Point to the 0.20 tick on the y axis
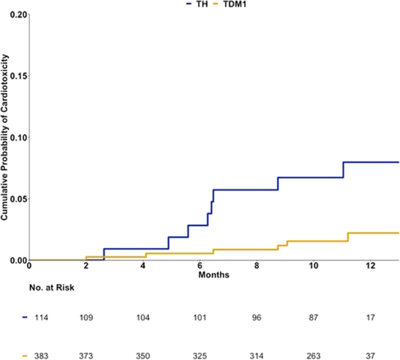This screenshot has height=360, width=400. pos(16,15)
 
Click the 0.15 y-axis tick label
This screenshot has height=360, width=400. pos(16,76)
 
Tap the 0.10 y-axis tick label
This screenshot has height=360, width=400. pos(16,137)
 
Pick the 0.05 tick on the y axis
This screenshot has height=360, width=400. pos(16,198)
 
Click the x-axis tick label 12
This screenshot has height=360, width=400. pos(370,266)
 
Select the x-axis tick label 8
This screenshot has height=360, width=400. pos(256,266)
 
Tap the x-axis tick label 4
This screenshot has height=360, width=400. pos(143,266)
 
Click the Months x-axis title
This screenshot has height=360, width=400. pos(213,274)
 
